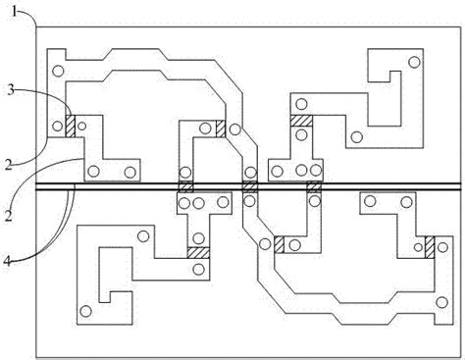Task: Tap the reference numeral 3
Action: [x=11, y=90]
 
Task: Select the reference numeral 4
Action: [x=7, y=261]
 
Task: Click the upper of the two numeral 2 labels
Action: [x=9, y=165]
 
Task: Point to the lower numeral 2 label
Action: [x=9, y=216]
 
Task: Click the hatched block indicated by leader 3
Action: [x=71, y=126]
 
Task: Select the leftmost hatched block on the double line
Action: [x=185, y=186]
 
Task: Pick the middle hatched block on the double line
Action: [x=250, y=186]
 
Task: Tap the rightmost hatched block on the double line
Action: [x=314, y=186]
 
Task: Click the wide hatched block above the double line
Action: [x=301, y=121]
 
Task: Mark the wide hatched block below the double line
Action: [x=198, y=253]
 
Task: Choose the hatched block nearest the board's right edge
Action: [x=430, y=247]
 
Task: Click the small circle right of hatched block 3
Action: [x=81, y=126]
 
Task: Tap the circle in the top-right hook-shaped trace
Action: [x=414, y=62]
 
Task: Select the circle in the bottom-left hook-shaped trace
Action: [x=85, y=311]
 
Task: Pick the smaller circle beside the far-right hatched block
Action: [x=418, y=247]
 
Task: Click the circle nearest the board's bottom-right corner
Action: [x=442, y=302]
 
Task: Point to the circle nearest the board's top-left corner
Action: [x=58, y=71]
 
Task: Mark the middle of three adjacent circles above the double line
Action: [x=301, y=171]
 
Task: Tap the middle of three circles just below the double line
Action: [x=198, y=203]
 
